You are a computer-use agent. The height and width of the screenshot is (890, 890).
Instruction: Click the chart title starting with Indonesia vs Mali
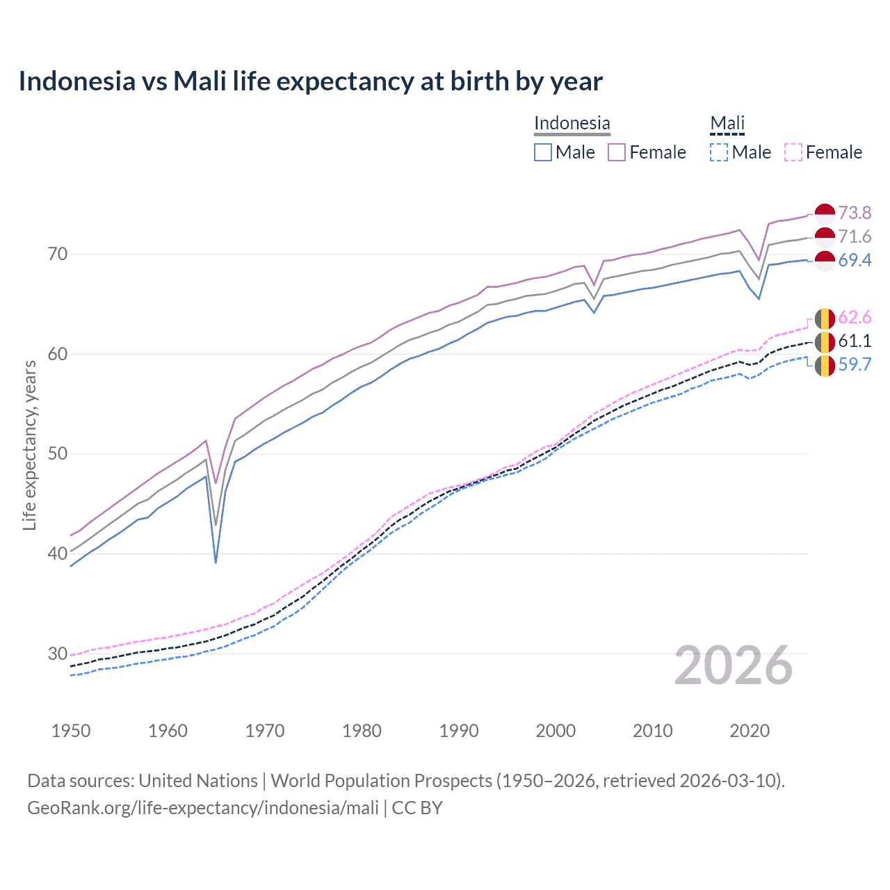[310, 81]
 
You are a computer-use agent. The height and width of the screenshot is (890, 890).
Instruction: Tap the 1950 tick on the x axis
[71, 731]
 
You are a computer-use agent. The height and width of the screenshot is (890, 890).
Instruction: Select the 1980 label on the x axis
[362, 731]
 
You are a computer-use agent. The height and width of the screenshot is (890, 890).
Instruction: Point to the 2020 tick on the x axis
[750, 731]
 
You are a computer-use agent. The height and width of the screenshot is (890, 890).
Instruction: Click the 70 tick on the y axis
[58, 254]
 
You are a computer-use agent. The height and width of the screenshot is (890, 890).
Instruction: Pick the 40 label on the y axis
[58, 553]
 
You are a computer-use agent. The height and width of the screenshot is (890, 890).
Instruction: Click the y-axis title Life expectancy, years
[29, 445]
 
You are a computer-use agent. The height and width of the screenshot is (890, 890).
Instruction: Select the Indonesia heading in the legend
[572, 123]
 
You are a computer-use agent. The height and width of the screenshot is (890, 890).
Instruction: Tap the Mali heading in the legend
[727, 123]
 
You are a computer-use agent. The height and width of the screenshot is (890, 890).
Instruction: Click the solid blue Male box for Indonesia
[543, 152]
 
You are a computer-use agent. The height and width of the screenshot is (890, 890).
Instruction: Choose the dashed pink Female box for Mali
[793, 152]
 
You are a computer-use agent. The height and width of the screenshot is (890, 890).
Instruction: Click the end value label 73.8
[855, 213]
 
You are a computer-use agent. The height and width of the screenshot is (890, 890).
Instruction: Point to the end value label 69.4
[855, 260]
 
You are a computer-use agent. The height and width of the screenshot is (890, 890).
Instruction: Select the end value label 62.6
[855, 318]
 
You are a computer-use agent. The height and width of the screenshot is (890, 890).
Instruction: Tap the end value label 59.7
[855, 364]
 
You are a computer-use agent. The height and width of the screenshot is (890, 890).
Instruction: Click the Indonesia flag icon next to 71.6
[825, 236]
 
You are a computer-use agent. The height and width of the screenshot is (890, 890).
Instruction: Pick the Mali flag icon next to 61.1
[825, 341]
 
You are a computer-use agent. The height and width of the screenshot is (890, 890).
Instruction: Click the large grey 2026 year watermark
[733, 665]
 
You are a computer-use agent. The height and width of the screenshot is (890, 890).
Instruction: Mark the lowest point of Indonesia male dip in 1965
[216, 562]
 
